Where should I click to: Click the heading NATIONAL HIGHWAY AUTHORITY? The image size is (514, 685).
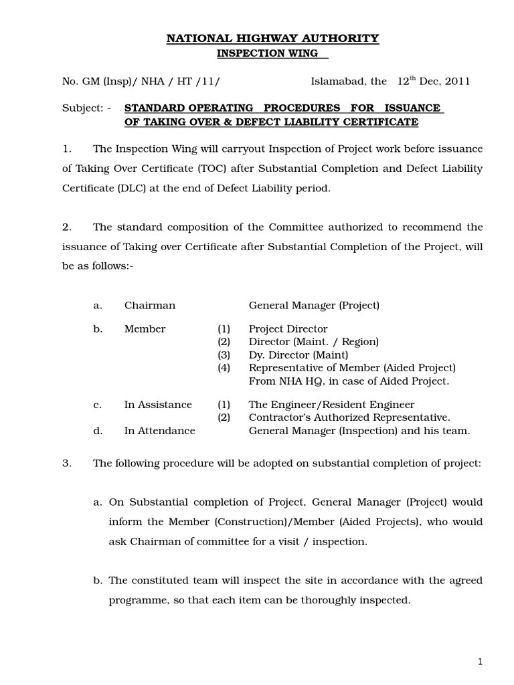coord(272,39)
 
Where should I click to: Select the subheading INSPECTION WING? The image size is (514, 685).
coord(272,53)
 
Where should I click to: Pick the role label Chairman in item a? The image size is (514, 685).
coord(150,306)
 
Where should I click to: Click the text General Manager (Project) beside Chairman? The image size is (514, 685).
coord(314,306)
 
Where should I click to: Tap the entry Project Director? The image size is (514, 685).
coord(288,329)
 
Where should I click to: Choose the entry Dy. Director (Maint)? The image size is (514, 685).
coord(298,355)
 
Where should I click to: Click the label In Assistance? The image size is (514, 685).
coord(158,405)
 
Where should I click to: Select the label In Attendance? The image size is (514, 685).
coord(160,431)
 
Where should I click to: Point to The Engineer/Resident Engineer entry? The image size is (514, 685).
coord(331,405)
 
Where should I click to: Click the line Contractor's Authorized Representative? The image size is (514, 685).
coord(349,418)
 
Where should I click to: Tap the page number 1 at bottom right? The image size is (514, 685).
coord(480,662)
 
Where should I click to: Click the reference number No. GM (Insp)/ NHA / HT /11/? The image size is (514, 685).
coord(141,82)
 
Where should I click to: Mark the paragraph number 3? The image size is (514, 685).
coord(66,464)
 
